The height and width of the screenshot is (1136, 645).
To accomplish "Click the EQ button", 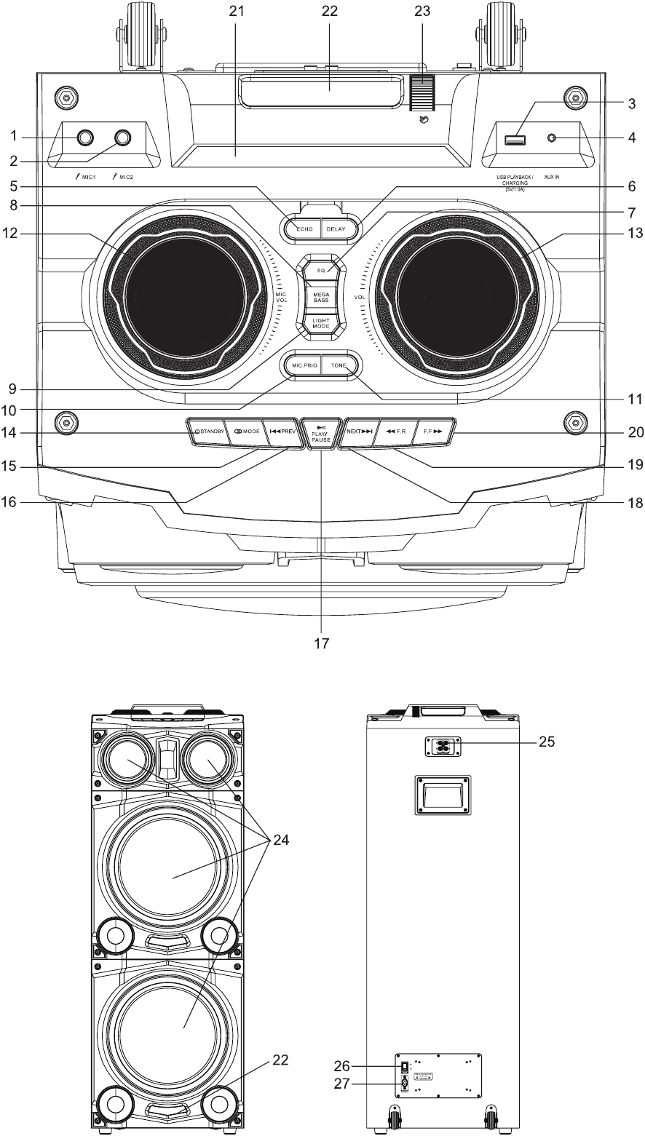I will pos(320,269).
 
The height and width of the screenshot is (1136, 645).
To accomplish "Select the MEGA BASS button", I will pos(321,295).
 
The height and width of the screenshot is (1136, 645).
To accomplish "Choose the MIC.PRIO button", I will pos(302,364).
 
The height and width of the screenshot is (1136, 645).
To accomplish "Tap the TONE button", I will pos(340,364).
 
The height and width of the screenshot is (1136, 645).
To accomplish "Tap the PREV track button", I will pos(282,431).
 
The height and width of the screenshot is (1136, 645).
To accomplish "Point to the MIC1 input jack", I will pos(86,137).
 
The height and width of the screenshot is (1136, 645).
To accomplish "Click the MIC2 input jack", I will pos(122,137).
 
